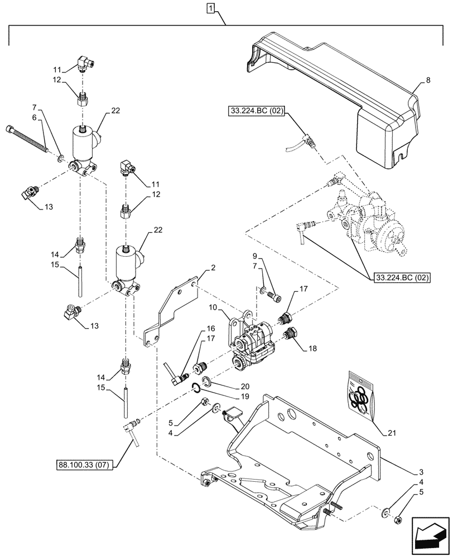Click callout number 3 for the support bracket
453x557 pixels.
coord(426,471)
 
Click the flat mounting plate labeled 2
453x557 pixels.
coord(167,312)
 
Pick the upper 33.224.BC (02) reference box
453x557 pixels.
coord(256,111)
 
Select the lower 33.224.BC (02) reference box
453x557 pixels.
coord(399,278)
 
